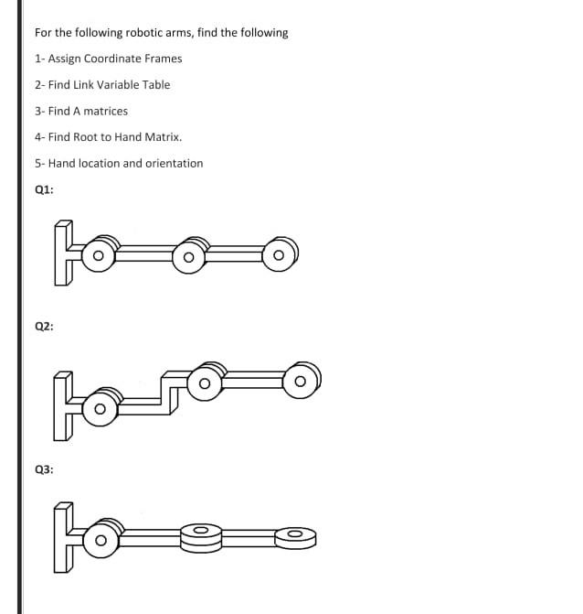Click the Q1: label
[43, 190]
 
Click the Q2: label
[43, 326]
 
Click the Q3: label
[43, 469]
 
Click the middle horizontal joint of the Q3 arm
[202, 535]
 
